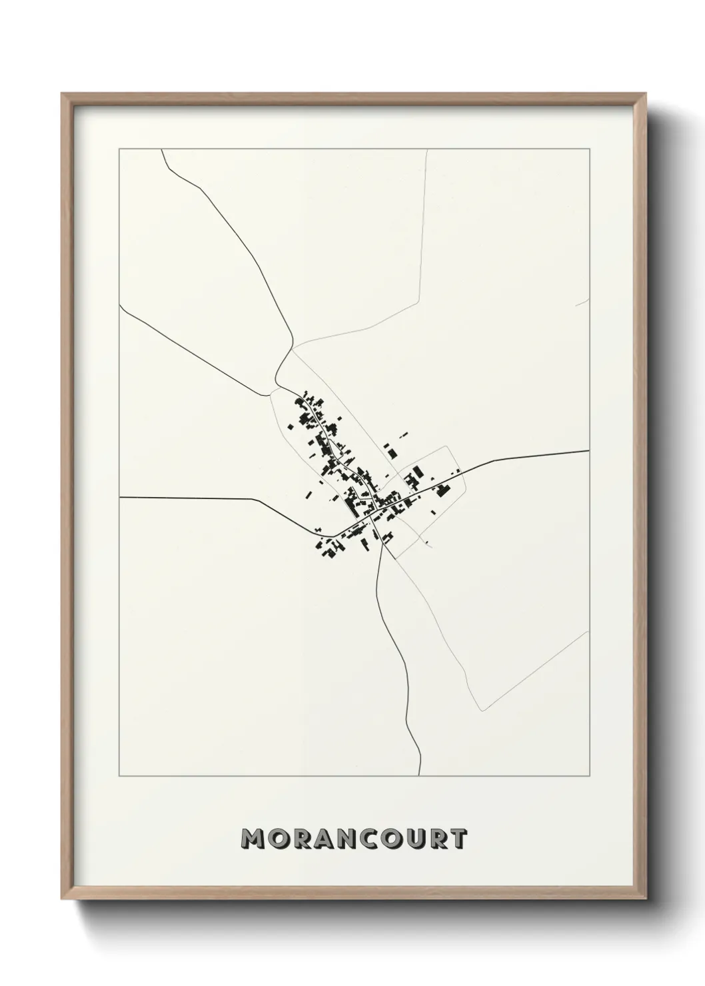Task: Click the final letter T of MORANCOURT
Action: coord(458,839)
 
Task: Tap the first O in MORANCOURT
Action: coord(277,839)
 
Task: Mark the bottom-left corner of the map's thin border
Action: coord(119,776)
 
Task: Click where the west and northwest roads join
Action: coord(275,387)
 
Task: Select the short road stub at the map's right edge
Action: coord(582,303)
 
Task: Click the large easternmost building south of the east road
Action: coord(442,491)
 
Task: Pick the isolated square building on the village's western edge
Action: coord(290,427)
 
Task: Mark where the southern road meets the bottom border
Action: coord(419,775)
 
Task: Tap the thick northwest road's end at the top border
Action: coord(162,151)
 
